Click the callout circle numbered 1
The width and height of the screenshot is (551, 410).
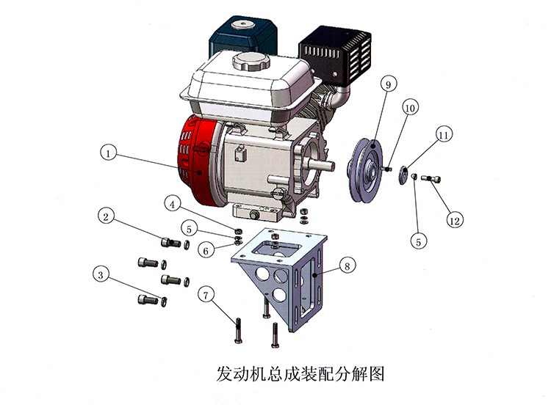coord(108,153)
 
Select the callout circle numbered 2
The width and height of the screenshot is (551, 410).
coord(106,216)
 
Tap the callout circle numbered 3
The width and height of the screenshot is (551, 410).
coord(101,274)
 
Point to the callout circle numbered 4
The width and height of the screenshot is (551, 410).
coord(172,204)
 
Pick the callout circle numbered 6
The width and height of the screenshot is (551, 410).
coord(206,250)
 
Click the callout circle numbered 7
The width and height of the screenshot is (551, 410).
coord(206,295)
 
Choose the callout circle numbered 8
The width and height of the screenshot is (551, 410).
coord(347,266)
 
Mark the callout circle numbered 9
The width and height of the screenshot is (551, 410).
coord(389,84)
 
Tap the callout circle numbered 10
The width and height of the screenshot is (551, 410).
coord(411,108)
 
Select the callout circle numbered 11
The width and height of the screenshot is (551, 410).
coord(444,135)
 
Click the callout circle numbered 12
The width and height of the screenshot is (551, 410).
coord(455,221)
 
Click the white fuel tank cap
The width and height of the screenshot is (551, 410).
coord(251,62)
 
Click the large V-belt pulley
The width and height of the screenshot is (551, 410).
coord(364,171)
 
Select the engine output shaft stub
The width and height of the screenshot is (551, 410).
coord(321,164)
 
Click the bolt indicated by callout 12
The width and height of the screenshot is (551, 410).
coord(431,179)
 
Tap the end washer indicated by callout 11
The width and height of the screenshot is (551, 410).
coord(403,175)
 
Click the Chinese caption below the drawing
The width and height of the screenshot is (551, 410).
coord(300,374)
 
